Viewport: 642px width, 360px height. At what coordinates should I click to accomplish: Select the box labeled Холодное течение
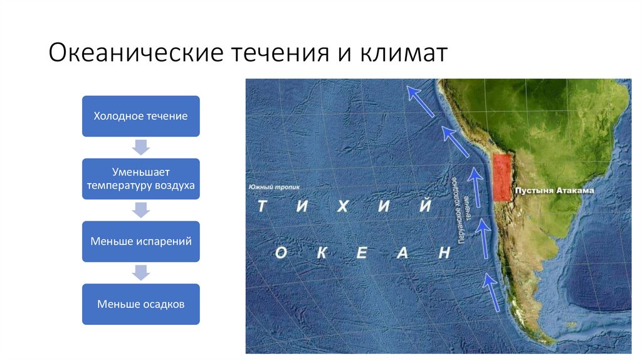tap(140, 116)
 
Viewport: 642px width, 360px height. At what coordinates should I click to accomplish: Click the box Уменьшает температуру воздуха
tap(140, 179)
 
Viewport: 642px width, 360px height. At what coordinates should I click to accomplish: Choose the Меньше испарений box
tap(140, 241)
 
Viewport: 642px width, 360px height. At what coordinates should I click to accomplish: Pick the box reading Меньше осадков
tap(140, 304)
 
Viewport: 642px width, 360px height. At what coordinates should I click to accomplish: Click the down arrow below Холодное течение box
tap(141, 147)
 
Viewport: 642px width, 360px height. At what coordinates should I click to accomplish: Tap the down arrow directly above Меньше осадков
tap(141, 273)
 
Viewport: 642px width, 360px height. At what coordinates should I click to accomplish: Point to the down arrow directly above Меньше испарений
tap(141, 210)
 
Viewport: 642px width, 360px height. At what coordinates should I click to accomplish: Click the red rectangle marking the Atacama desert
tap(502, 178)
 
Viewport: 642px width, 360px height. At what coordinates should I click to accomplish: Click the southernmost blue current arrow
tap(493, 292)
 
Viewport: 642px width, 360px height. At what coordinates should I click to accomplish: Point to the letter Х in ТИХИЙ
tap(342, 207)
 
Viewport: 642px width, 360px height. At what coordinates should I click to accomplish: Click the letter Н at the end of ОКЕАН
tap(444, 253)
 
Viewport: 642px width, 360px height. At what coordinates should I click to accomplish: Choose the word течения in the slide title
tap(278, 53)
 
